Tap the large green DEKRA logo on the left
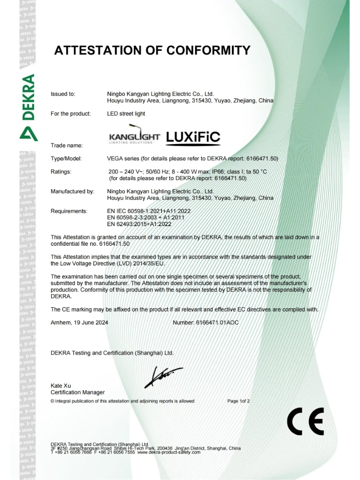click(x=28, y=108)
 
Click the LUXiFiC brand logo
click(x=193, y=137)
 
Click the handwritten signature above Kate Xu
click(x=163, y=377)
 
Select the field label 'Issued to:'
click(x=63, y=94)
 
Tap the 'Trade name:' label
click(x=67, y=145)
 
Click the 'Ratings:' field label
click(x=61, y=171)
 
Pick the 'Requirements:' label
click(x=69, y=211)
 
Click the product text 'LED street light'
click(x=126, y=114)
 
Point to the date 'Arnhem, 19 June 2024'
click(x=79, y=323)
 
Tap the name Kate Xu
click(x=60, y=386)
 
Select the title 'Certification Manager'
click(x=77, y=393)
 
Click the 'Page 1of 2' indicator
click(x=239, y=401)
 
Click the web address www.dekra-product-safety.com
click(x=169, y=452)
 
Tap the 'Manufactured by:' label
click(x=72, y=191)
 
